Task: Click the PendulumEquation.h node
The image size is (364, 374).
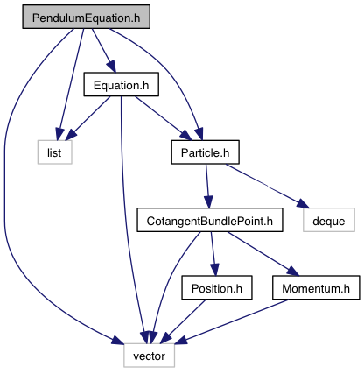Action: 87,17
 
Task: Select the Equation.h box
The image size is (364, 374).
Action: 122,84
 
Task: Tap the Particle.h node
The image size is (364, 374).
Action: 206,152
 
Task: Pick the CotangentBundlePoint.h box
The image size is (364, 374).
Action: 210,220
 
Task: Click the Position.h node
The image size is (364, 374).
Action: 217,287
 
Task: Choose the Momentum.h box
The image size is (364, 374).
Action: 316,287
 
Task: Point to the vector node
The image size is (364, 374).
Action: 150,356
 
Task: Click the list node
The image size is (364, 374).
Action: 54,152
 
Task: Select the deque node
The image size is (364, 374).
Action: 329,220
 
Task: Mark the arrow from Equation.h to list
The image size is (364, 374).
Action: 87,117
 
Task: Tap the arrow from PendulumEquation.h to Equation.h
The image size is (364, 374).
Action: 104,51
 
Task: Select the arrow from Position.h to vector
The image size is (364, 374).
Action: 183,321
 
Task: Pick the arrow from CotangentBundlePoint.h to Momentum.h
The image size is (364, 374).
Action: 263,254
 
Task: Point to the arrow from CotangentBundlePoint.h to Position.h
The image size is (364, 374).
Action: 213,254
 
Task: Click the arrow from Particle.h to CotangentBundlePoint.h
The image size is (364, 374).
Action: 207,186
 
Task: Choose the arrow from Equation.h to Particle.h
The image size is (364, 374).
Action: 164,118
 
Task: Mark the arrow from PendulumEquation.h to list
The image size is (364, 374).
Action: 71,85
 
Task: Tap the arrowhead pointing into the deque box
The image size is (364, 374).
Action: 302,204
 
